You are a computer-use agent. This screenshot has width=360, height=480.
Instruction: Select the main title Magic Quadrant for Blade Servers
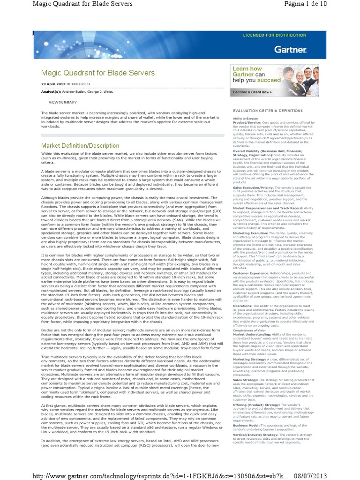(x=97, y=73)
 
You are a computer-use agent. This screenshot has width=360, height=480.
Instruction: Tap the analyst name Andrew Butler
(x=75, y=92)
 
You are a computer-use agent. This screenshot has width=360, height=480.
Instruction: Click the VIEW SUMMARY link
(x=63, y=102)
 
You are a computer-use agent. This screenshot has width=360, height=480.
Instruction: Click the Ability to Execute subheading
(x=245, y=119)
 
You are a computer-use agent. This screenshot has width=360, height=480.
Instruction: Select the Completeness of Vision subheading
(x=249, y=318)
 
